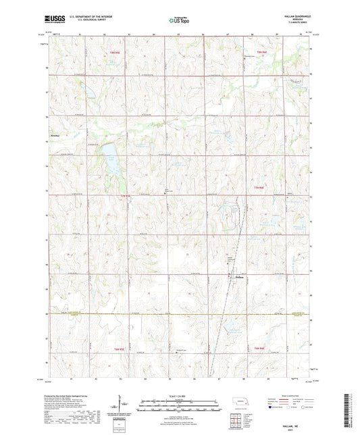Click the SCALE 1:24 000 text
(179, 395)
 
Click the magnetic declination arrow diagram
(123, 409)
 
